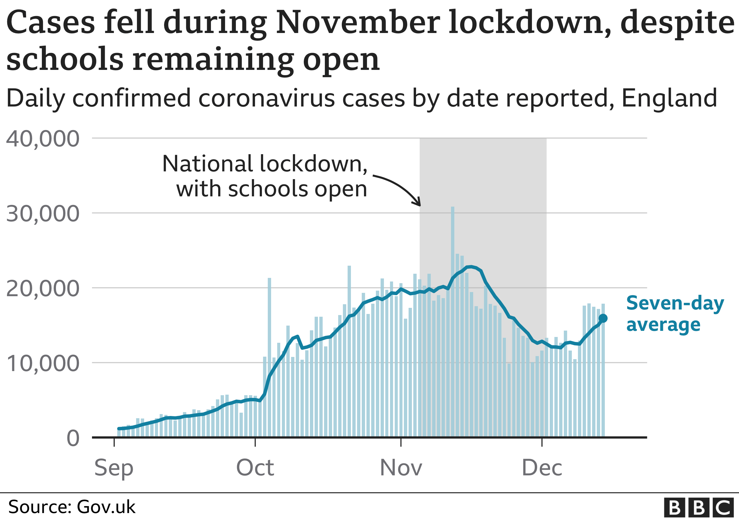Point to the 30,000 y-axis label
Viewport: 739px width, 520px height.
pyautogui.click(x=42, y=214)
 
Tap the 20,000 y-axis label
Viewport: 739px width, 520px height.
pyautogui.click(x=42, y=288)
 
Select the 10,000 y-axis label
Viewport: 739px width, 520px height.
pyautogui.click(x=42, y=364)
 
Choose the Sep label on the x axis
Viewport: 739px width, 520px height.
pyautogui.click(x=114, y=468)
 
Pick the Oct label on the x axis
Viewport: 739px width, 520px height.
pyautogui.click(x=255, y=468)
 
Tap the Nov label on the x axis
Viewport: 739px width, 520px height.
pyautogui.click(x=401, y=468)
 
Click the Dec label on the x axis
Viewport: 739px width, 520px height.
pyautogui.click(x=542, y=468)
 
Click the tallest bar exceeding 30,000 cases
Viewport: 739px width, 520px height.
pyautogui.click(x=453, y=322)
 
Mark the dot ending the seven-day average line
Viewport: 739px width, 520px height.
pyautogui.click(x=603, y=318)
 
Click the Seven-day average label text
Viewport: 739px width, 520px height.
pyautogui.click(x=675, y=314)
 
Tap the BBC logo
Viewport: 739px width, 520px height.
pyautogui.click(x=699, y=508)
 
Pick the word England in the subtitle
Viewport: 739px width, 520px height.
pyautogui.click(x=669, y=98)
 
